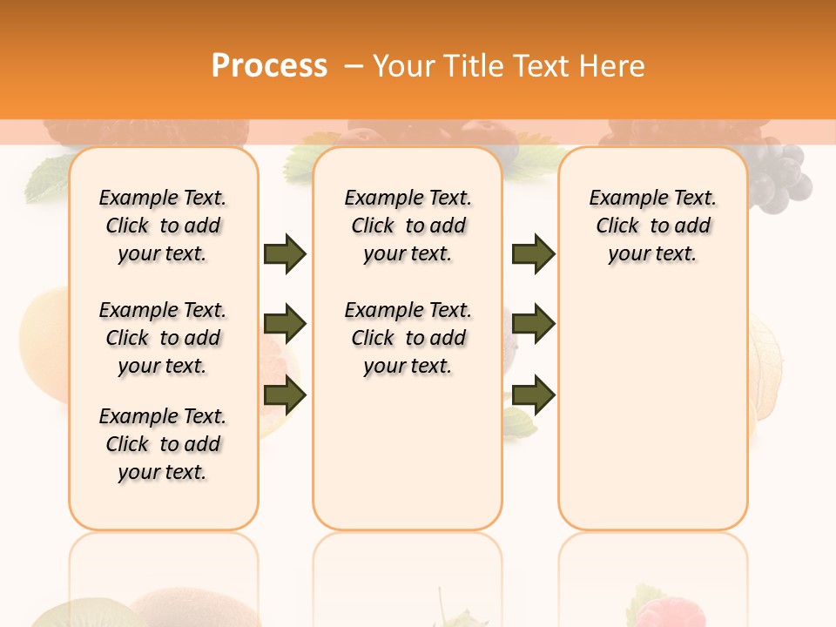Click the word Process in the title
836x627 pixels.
click(x=269, y=65)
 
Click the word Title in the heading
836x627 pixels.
click(x=474, y=66)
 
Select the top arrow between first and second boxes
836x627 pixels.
click(x=285, y=254)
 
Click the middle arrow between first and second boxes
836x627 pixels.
click(x=285, y=324)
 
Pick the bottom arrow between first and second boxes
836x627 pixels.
click(x=285, y=396)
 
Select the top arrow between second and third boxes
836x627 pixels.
click(x=533, y=254)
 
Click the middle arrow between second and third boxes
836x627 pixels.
click(x=533, y=324)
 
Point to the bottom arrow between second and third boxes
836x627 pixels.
click(x=533, y=396)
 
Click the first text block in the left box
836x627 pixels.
click(x=163, y=226)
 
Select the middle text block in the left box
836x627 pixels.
click(x=163, y=338)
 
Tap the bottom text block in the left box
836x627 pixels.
click(x=163, y=444)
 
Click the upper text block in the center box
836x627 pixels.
click(x=408, y=226)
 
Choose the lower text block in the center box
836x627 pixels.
click(x=408, y=338)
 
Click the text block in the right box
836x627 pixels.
click(x=653, y=226)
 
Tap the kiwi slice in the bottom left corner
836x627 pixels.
click(x=65, y=614)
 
